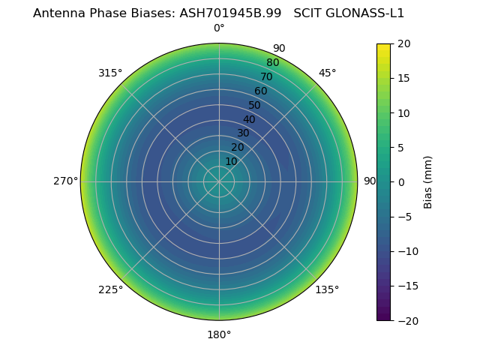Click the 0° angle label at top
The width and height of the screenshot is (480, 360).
coord(219,28)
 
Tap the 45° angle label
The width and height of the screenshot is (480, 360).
coord(327,73)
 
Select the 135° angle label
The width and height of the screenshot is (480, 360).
coord(327,289)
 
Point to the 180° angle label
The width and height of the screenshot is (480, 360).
coord(219,334)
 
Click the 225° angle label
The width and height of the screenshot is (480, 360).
coord(110,289)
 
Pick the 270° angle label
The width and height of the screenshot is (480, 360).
coord(65,181)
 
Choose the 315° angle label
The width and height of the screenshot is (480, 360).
coord(110,73)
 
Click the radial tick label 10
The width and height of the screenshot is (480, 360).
coord(231,161)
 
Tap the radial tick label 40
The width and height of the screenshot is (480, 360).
coord(249,119)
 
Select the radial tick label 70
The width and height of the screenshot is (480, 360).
coord(266,77)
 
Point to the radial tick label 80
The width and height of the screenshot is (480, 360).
coord(272,63)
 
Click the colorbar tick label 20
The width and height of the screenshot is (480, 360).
coord(403,43)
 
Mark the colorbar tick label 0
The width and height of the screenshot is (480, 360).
coord(400,181)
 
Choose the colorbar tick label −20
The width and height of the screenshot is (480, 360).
coord(406,320)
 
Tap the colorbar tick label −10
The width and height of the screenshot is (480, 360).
coord(406,251)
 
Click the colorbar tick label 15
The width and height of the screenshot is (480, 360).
coord(403,78)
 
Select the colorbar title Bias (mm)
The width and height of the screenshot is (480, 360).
coord(428,181)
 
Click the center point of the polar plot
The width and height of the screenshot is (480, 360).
coord(219,181)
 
